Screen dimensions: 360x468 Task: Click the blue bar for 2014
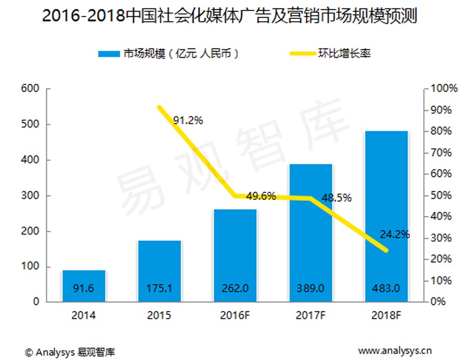coord(84,286)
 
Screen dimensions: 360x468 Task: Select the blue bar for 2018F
coord(386,216)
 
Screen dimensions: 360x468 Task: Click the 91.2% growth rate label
coord(188,120)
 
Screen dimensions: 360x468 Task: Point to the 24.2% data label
coord(394,234)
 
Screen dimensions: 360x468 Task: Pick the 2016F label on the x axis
coord(235,315)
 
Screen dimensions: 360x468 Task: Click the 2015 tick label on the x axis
coord(159,315)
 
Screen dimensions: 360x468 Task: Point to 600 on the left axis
coord(31,88)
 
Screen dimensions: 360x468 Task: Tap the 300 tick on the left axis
coord(31,196)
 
